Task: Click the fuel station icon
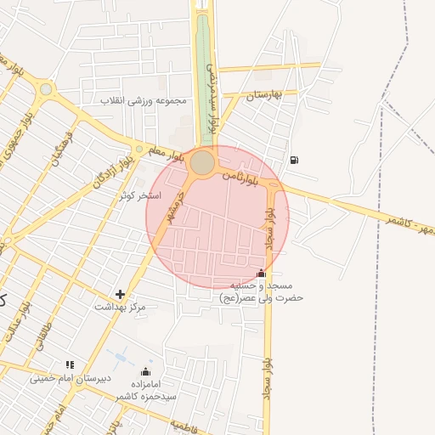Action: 294,159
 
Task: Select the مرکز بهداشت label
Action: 120,306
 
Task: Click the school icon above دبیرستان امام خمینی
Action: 70,365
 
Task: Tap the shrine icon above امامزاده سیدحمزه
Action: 145,372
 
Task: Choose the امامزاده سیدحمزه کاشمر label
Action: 146,390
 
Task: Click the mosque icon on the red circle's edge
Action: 261,274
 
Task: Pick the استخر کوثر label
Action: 141,195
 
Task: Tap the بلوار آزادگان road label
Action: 116,171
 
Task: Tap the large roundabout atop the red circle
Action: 202,162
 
